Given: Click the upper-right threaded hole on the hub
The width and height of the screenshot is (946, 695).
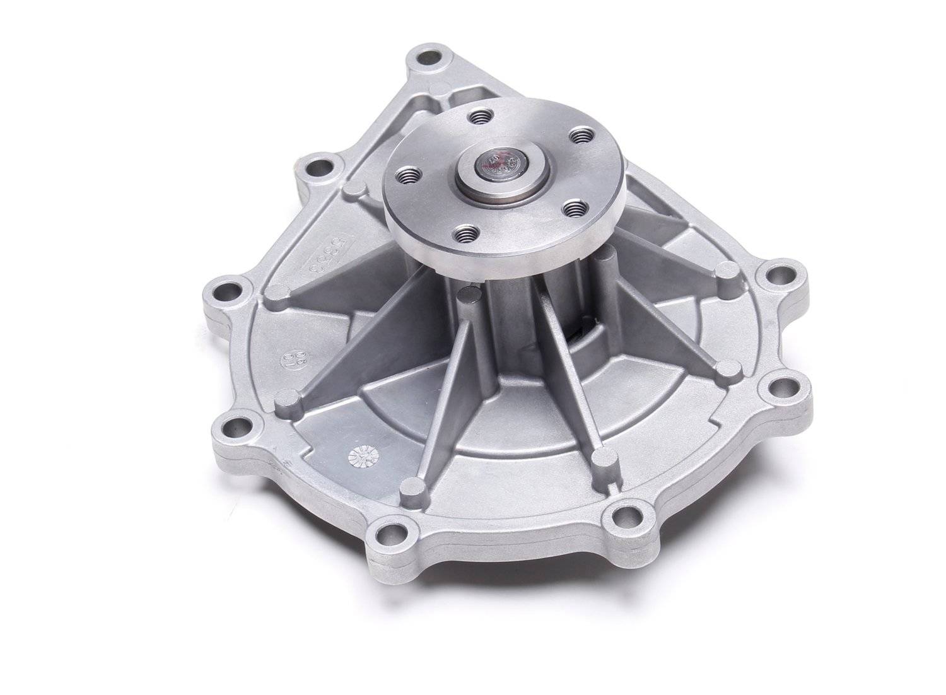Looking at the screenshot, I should pos(579,134).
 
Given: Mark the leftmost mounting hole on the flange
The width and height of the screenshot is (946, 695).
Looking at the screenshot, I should pos(223,294).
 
